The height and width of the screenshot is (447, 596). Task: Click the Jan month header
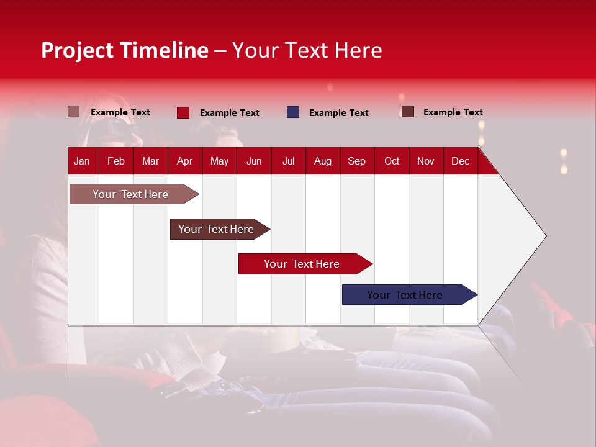[82, 161]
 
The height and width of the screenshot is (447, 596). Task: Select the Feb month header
[116, 161]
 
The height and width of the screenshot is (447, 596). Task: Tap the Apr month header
[184, 161]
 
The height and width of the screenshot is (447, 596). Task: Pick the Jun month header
[254, 161]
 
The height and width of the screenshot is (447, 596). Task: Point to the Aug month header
[323, 161]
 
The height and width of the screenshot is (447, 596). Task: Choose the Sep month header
[356, 161]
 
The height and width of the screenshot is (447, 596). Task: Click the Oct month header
[392, 161]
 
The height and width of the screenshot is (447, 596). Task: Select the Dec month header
[460, 161]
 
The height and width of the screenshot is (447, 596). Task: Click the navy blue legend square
[293, 112]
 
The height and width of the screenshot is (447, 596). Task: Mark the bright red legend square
[183, 112]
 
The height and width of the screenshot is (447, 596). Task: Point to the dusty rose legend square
[74, 112]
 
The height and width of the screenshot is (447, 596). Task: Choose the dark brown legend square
[408, 112]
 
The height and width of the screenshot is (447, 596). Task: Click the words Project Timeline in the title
[124, 50]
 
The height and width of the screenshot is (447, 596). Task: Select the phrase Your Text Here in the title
[307, 50]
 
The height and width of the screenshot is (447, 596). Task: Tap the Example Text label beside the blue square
[338, 113]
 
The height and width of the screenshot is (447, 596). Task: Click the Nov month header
[426, 161]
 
